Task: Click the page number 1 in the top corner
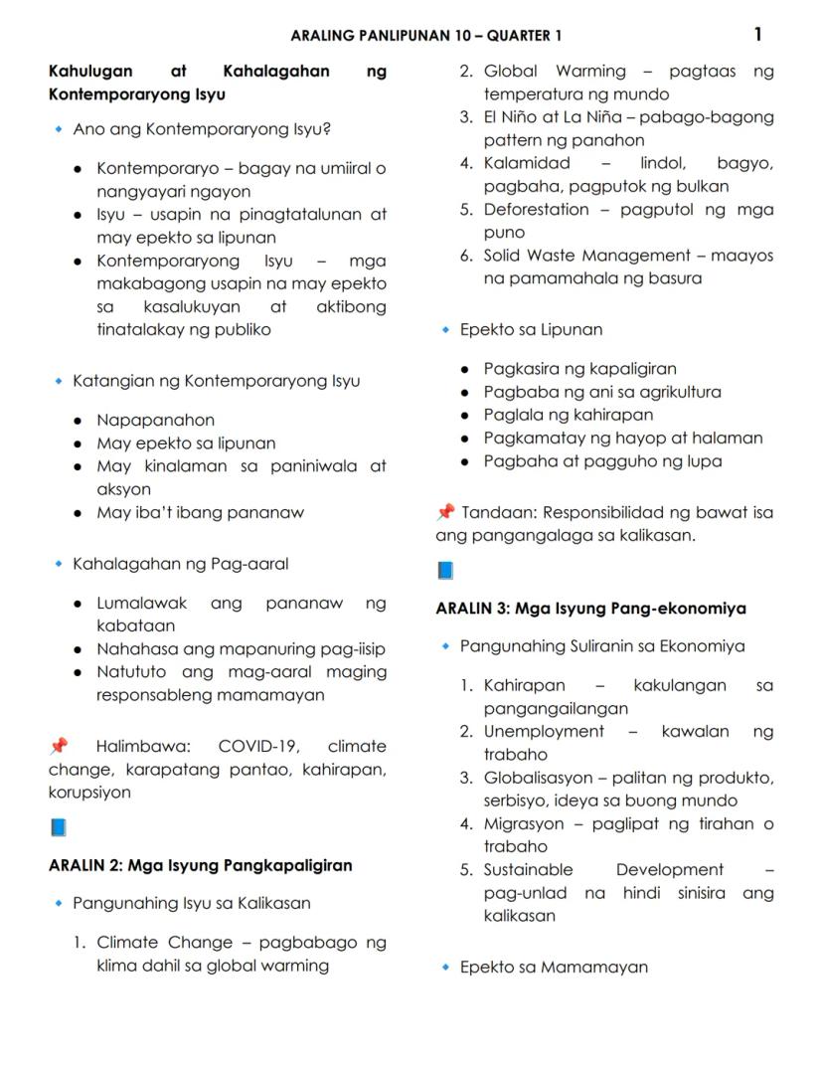(757, 35)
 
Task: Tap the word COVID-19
(260, 747)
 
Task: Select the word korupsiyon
(89, 793)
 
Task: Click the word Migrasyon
(524, 823)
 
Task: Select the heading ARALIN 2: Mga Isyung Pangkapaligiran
(201, 865)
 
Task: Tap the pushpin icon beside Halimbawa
(59, 746)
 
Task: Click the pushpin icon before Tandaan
(445, 512)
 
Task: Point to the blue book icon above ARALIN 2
(58, 827)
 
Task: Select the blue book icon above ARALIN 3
(445, 571)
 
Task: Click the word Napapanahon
(155, 421)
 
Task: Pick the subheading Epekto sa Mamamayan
(554, 967)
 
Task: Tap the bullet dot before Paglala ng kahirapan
(465, 416)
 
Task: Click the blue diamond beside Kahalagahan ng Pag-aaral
(59, 565)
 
